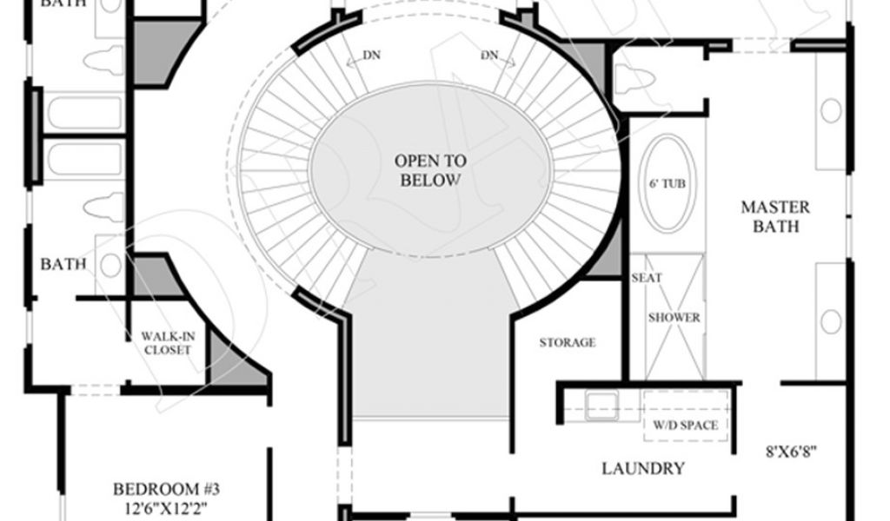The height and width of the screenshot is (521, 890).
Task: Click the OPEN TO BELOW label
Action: (x=430, y=170)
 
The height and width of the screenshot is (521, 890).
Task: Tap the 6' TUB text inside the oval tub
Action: (x=666, y=184)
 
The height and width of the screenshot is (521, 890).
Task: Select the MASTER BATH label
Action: (x=774, y=217)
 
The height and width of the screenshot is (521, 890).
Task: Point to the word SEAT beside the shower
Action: (x=646, y=278)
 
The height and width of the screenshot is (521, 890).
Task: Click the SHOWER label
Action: (x=674, y=318)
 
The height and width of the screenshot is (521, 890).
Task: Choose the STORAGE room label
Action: (x=567, y=342)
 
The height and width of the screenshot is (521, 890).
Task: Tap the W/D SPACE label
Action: (x=686, y=425)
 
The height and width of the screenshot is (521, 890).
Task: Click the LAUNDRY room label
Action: (x=643, y=469)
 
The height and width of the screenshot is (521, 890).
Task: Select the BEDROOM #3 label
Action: (x=172, y=489)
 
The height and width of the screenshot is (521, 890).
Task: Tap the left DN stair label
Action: (x=371, y=56)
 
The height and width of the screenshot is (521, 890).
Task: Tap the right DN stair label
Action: (x=490, y=56)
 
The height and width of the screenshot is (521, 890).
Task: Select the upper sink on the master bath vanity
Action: (x=832, y=110)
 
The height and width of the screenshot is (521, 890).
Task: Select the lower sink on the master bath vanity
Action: (x=832, y=321)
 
